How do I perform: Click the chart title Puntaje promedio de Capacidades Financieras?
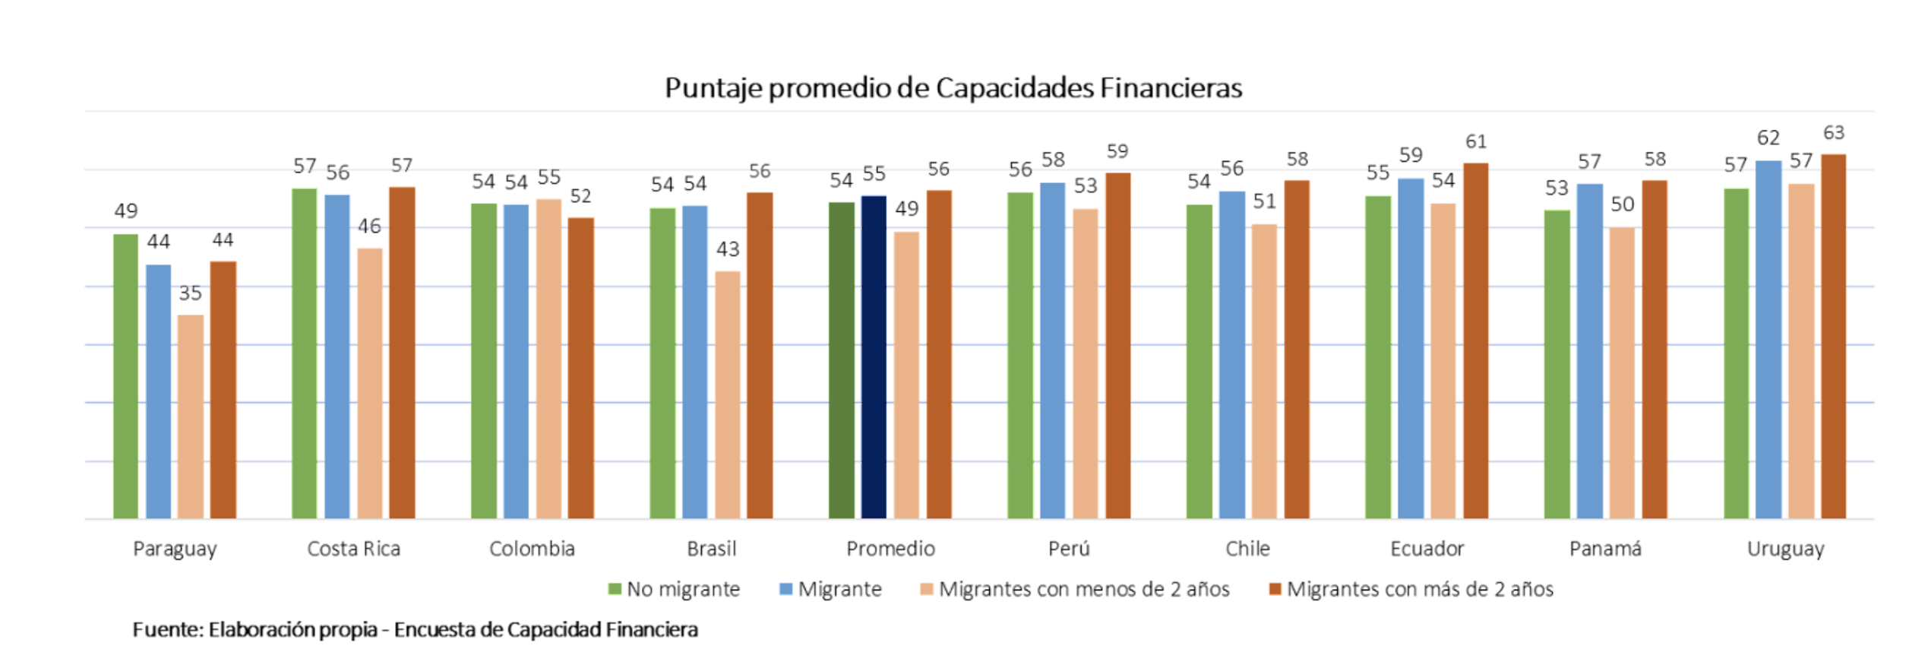click(953, 88)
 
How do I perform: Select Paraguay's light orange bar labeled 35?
click(191, 416)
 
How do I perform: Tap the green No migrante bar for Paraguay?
click(125, 376)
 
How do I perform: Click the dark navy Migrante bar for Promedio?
click(874, 357)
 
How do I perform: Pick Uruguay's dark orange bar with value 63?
click(1833, 336)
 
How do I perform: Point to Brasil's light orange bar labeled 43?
click(728, 394)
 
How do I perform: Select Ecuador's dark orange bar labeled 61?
click(1475, 340)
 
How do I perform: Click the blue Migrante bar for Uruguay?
click(1768, 339)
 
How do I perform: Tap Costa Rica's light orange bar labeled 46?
click(370, 383)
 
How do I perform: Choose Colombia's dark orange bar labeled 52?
click(581, 368)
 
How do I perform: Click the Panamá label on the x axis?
click(1605, 549)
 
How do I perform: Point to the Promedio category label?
click(890, 549)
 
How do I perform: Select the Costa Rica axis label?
click(353, 549)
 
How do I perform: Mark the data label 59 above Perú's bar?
click(1117, 151)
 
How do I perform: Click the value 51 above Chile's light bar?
click(1264, 201)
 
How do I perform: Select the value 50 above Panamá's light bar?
click(1622, 204)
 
